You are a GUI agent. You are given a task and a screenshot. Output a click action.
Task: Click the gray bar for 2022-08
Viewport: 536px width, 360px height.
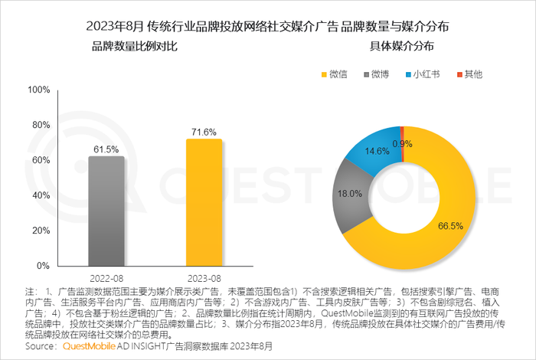click(x=106, y=211)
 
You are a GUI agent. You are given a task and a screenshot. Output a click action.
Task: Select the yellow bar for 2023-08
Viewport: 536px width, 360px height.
click(x=204, y=202)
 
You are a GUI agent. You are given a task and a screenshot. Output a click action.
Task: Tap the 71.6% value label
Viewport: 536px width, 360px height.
click(x=204, y=132)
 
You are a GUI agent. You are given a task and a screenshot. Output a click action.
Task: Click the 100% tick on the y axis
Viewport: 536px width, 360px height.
click(x=39, y=90)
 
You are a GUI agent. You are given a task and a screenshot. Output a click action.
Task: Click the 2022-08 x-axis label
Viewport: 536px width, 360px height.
click(x=106, y=277)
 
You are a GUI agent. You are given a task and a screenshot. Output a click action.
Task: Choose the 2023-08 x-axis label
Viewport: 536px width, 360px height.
click(x=204, y=277)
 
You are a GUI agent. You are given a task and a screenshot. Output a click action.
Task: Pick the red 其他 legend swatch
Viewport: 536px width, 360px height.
click(x=459, y=74)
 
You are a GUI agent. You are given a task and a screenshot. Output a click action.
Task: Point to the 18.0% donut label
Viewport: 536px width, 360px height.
click(x=349, y=194)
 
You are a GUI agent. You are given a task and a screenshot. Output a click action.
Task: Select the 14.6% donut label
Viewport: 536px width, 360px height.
click(x=375, y=152)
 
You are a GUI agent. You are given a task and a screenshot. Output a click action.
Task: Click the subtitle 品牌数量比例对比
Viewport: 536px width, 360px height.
click(x=134, y=47)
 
